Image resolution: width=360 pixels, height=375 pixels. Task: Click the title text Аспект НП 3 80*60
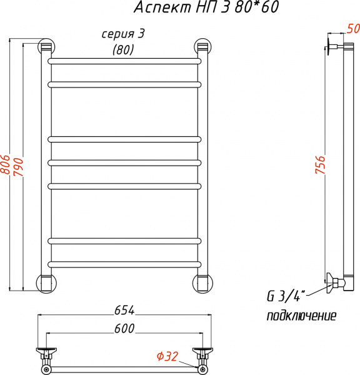pyautogui.click(x=207, y=8)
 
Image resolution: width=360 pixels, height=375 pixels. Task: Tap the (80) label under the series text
pyautogui.click(x=123, y=50)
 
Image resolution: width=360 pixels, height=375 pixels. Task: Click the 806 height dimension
pyautogui.click(x=5, y=166)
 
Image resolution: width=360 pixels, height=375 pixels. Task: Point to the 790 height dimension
pyautogui.click(x=19, y=166)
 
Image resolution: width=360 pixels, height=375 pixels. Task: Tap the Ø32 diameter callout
pyautogui.click(x=167, y=357)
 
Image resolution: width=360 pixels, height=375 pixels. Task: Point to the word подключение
pyautogui.click(x=301, y=316)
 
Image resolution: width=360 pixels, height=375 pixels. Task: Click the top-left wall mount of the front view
pyautogui.click(x=46, y=47)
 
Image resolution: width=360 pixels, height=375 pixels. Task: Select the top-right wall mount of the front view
pyautogui.click(x=201, y=47)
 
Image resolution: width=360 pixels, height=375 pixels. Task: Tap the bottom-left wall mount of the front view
pyautogui.click(x=46, y=282)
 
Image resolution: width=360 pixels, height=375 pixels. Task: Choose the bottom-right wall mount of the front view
pyautogui.click(x=201, y=282)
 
